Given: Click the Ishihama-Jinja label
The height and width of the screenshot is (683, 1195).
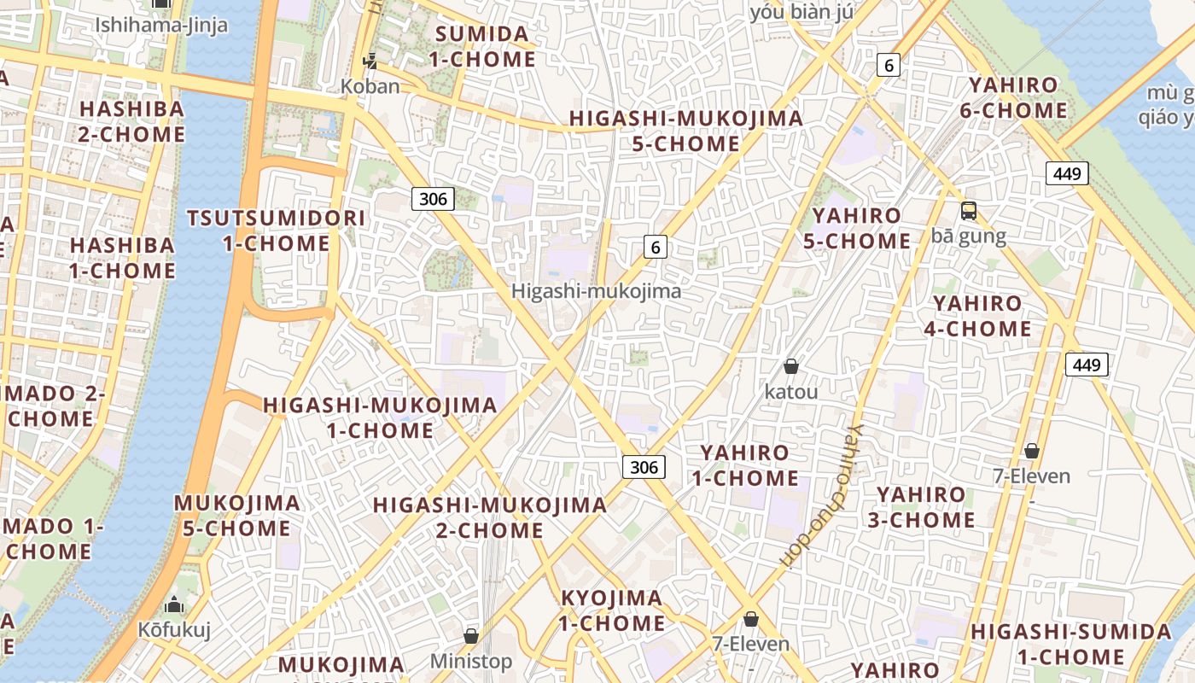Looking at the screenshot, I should (161, 25).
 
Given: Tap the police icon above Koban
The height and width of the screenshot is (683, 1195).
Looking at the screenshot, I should (370, 61).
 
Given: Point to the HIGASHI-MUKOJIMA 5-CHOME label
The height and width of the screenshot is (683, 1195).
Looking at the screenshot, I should (686, 131).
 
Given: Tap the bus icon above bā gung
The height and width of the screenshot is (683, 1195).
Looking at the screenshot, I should (969, 210).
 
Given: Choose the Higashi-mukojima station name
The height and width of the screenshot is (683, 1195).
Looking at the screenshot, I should (596, 291).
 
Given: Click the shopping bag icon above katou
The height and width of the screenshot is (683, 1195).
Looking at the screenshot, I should (791, 366).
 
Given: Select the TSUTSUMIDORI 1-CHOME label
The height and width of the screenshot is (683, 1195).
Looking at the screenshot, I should (276, 231).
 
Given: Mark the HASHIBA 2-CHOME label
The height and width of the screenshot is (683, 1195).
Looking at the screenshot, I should (131, 121).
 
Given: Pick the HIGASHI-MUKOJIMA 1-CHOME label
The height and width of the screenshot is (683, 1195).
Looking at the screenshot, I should (380, 417).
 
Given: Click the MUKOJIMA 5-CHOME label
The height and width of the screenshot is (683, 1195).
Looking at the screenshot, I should (236, 515).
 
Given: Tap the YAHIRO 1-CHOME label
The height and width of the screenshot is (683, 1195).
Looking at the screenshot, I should (744, 464).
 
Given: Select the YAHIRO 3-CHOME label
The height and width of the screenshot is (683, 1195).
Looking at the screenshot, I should (921, 507).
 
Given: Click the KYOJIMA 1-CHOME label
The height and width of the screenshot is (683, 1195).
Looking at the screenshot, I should (611, 610).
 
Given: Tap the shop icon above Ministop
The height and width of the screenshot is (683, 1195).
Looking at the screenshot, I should (470, 636).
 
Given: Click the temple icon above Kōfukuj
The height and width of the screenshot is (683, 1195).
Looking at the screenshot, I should (174, 605).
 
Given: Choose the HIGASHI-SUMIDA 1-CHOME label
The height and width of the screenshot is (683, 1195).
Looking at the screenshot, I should (1070, 645).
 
